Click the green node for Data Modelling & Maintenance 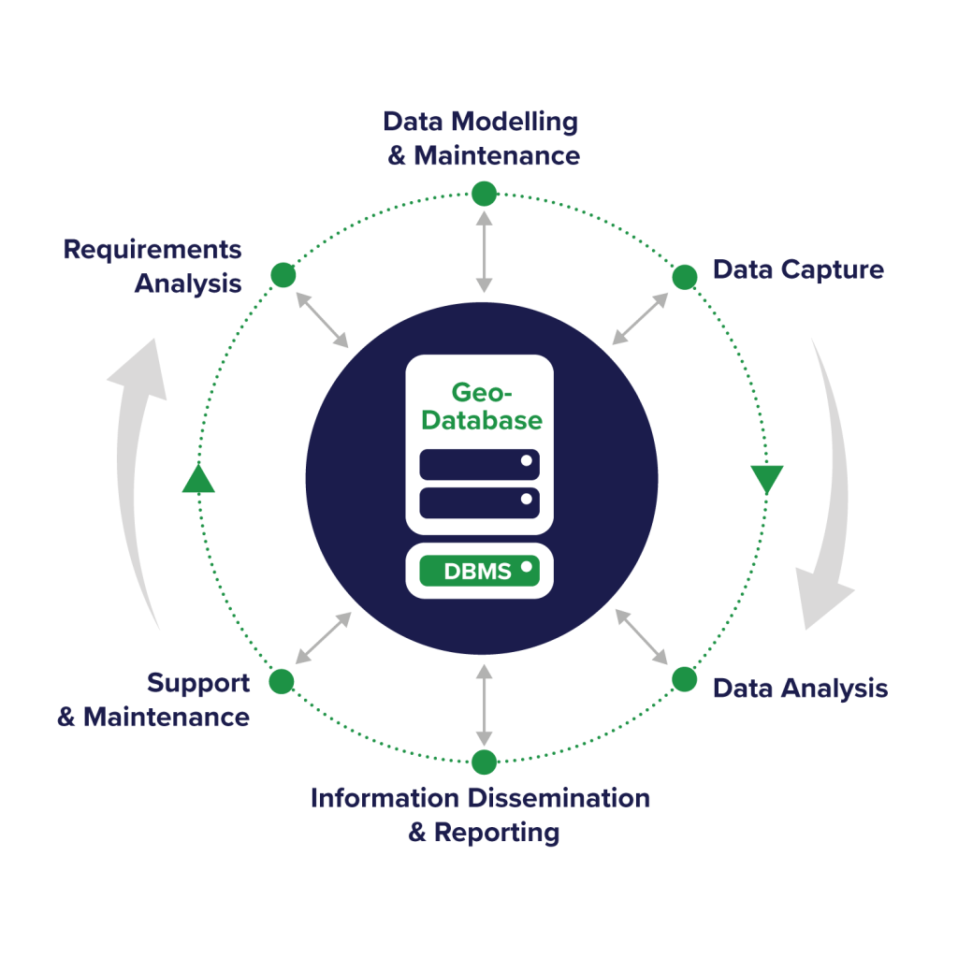[484, 194]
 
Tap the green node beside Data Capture [685, 276]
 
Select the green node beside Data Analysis [685, 679]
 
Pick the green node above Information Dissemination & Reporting [484, 762]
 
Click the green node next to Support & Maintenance [282, 680]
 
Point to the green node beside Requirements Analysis [283, 275]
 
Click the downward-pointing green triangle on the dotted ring [767, 479]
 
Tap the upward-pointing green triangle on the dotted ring [198, 479]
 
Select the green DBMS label [479, 571]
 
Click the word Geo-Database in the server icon [481, 406]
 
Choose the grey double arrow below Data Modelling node [484, 250]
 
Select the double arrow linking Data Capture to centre [641, 318]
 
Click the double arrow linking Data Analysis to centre [641, 636]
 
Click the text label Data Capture [798, 270]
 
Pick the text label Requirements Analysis [152, 267]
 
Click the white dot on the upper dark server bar [527, 460]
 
